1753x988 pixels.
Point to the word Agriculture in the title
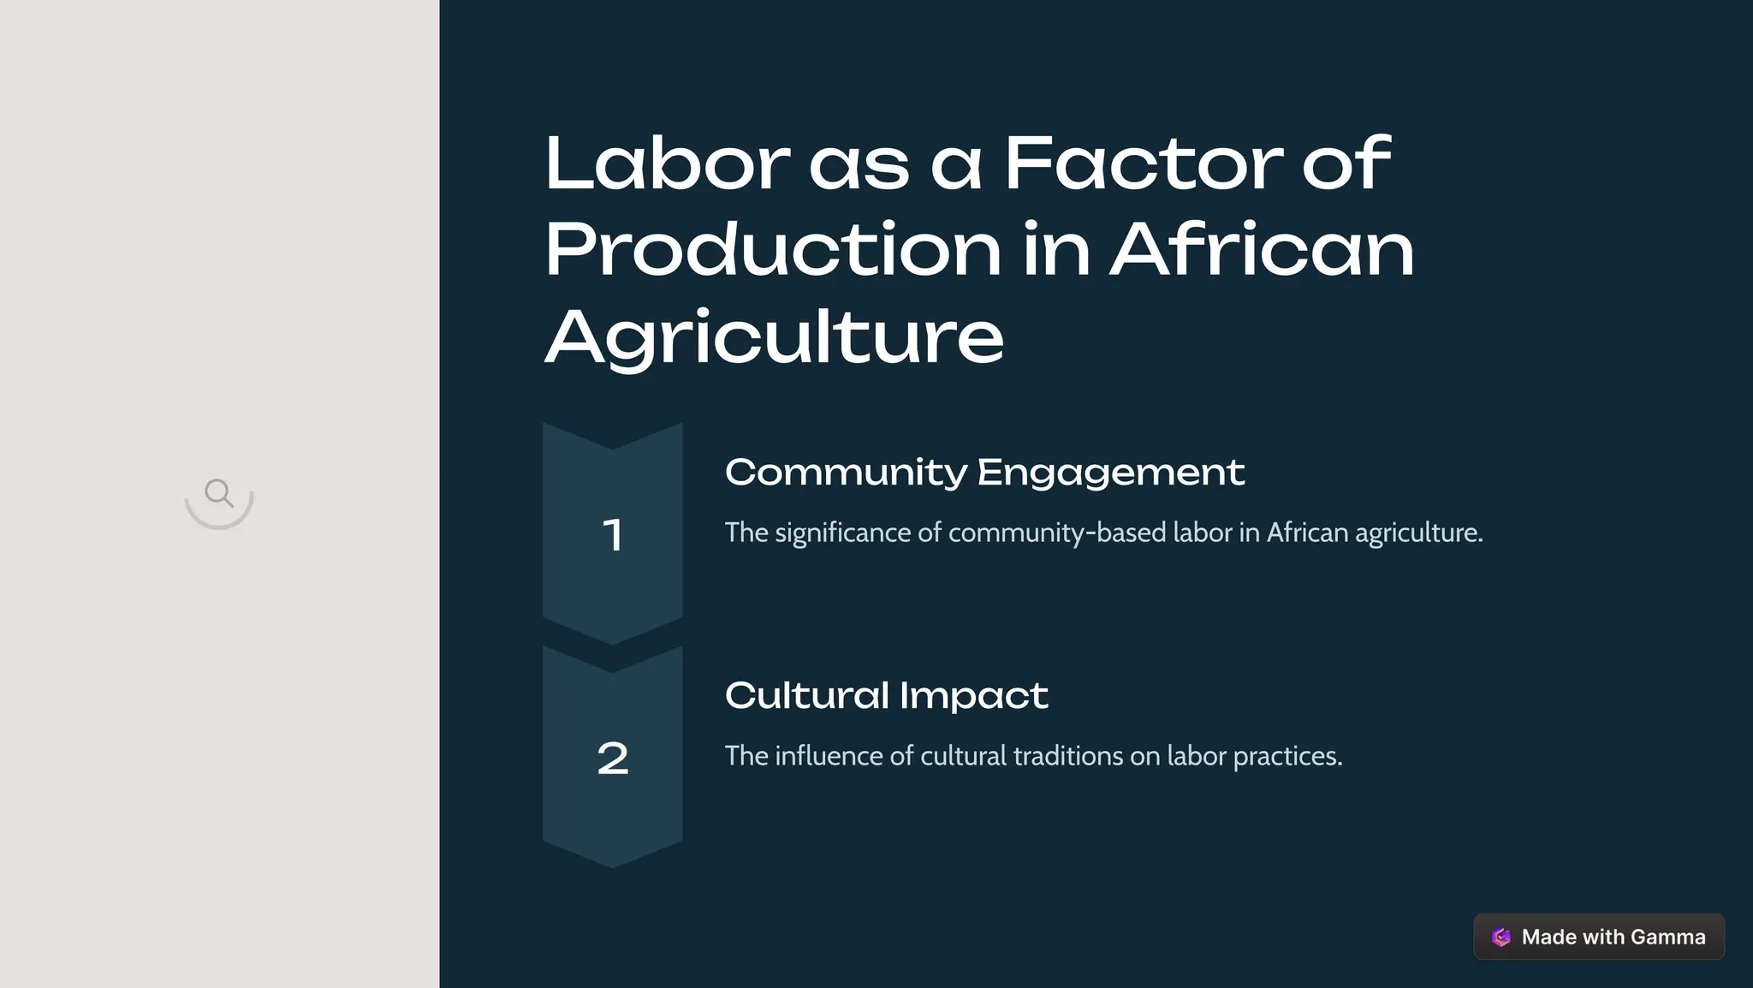coord(774,338)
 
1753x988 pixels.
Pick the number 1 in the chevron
coord(612,535)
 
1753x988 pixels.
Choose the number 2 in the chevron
coord(612,759)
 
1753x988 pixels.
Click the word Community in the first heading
coord(846,473)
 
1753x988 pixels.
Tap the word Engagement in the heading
coord(1110,473)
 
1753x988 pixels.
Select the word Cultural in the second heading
coord(807,695)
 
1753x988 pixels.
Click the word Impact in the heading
coord(973,696)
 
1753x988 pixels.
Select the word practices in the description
coord(1287,757)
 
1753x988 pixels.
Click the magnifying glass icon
coord(219,493)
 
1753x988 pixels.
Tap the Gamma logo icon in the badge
coord(1501,937)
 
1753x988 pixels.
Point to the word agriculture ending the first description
coord(1417,533)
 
